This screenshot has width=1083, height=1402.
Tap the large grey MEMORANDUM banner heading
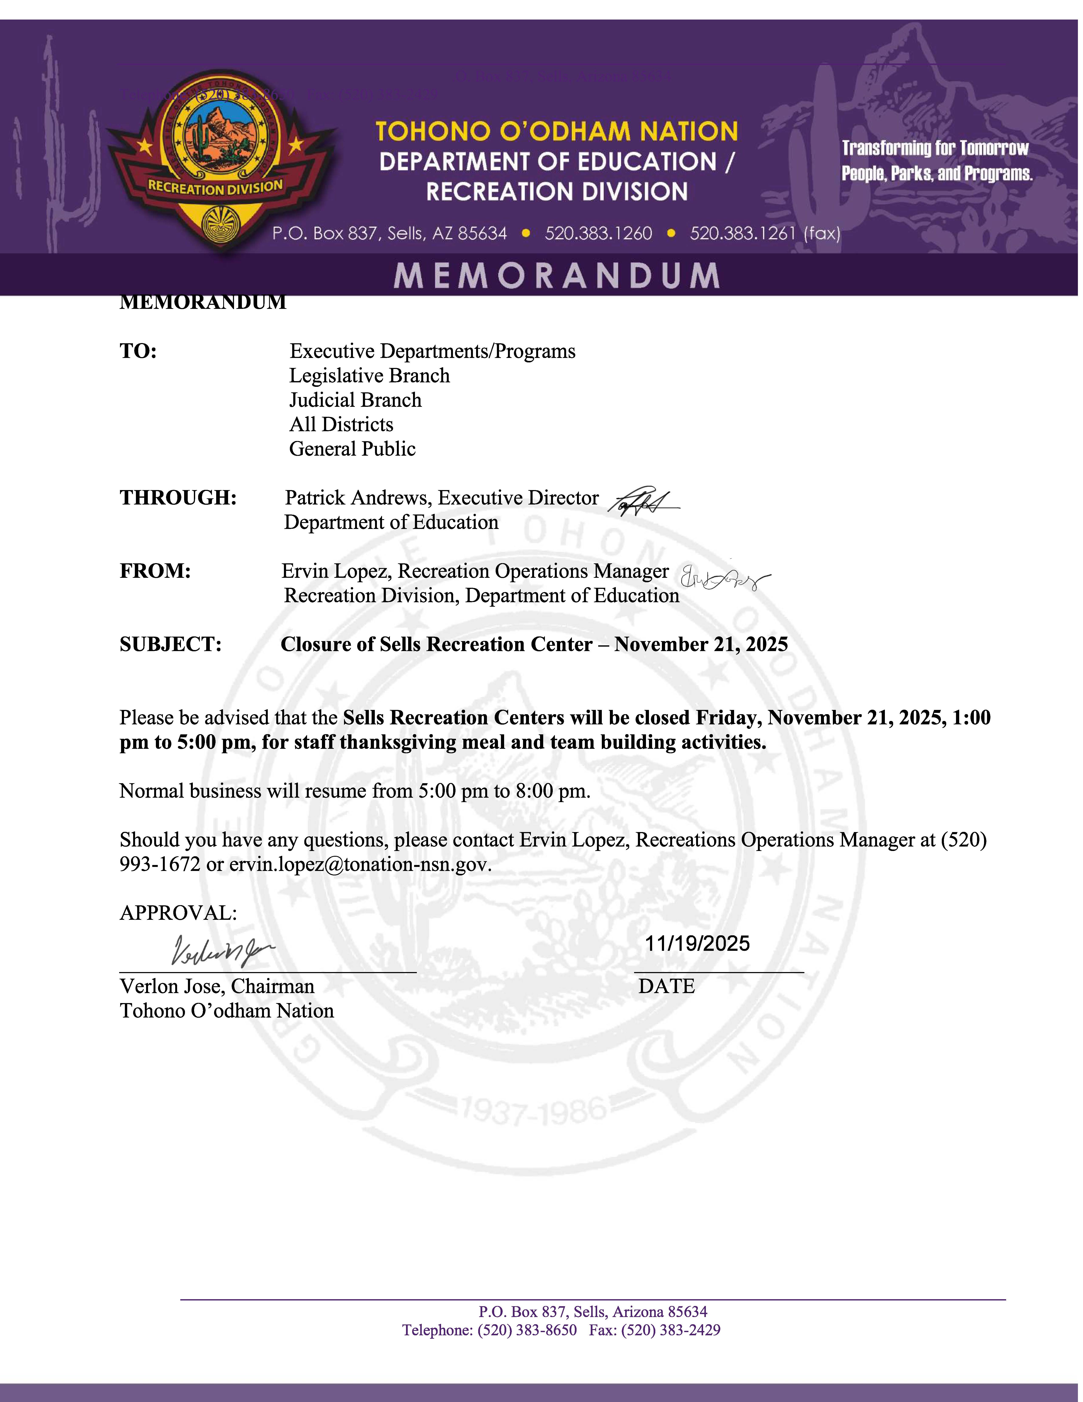(556, 275)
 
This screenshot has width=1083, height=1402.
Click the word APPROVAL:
(178, 913)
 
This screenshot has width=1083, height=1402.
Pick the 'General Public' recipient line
(352, 449)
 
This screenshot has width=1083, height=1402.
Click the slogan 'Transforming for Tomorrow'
(935, 148)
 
